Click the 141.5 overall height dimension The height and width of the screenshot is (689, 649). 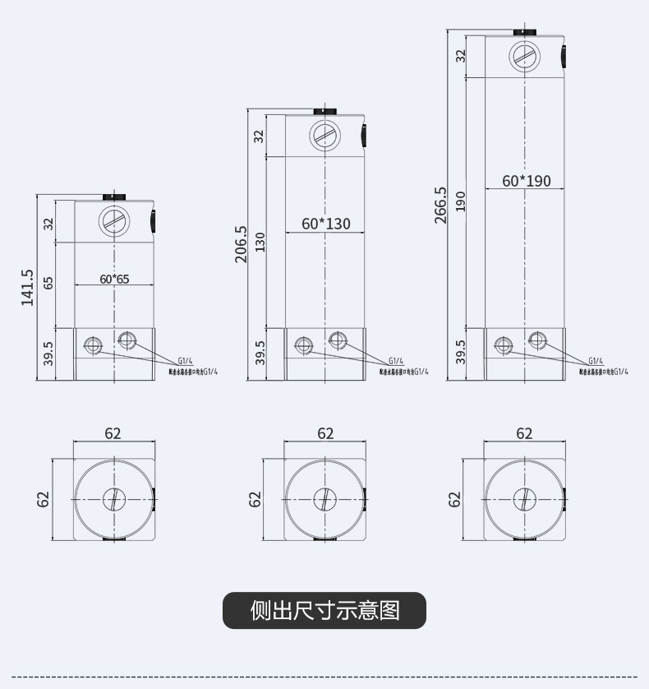tap(27, 288)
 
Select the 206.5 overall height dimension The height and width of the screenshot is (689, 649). tap(242, 244)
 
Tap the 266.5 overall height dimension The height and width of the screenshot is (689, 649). tap(441, 205)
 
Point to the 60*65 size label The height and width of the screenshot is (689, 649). tap(114, 279)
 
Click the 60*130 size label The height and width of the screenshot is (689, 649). tap(325, 224)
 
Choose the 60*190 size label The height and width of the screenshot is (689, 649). tap(527, 181)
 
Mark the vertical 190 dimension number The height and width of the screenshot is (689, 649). tap(461, 201)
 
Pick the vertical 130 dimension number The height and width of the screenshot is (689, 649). tap(260, 242)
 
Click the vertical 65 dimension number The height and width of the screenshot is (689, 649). tap(48, 283)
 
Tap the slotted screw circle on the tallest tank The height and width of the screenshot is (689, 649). tap(525, 56)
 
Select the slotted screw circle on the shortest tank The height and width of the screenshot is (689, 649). tap(113, 221)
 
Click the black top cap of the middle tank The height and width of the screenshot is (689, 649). tap(325, 110)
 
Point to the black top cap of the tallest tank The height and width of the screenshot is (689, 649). tap(525, 31)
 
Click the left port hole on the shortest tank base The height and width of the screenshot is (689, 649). tap(92, 344)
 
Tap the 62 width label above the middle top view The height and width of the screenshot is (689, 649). tap(325, 433)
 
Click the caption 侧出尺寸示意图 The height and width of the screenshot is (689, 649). tap(324, 611)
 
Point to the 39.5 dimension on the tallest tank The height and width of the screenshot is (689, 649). tap(461, 352)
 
